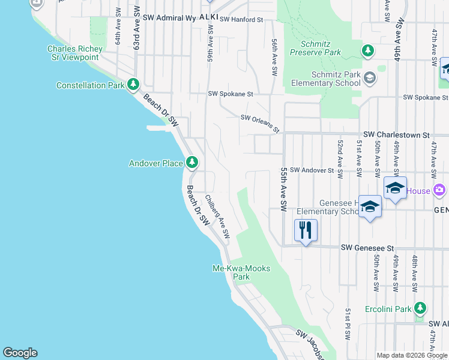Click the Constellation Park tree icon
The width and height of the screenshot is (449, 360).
133,85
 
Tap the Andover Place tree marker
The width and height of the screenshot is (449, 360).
192,162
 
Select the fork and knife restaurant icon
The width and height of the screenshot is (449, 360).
306,229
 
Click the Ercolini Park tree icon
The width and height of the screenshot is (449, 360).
420,309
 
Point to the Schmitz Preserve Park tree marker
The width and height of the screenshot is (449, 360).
368,52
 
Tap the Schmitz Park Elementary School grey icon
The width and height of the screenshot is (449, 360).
369,77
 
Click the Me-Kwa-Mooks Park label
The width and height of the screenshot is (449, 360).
241,272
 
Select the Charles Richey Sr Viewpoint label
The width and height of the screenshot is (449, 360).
73,53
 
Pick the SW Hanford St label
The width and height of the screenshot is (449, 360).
241,20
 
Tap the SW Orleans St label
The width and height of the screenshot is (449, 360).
261,124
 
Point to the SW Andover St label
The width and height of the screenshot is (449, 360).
312,170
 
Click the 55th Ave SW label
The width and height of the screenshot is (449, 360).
284,189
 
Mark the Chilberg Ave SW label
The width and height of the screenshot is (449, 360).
217,217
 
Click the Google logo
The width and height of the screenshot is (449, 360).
20,353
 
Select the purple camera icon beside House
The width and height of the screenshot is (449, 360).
439,191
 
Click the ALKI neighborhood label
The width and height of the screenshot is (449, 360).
208,17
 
